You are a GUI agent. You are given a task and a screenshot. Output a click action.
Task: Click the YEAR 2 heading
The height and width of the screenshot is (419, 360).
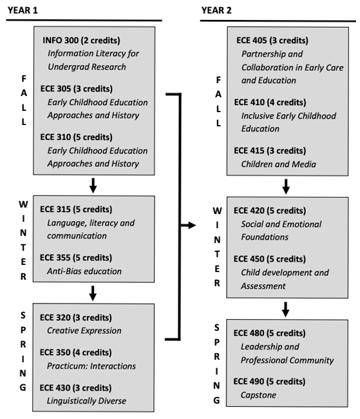tap(217, 10)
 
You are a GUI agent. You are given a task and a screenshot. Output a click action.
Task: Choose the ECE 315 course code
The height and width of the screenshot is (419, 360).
tap(57, 209)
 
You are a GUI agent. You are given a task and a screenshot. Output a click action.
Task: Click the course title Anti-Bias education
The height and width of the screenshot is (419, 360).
tap(84, 271)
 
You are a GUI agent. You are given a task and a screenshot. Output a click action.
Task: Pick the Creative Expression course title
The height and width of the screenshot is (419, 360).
tap(84, 330)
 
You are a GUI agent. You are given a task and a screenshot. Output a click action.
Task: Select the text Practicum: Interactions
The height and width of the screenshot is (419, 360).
tap(91, 366)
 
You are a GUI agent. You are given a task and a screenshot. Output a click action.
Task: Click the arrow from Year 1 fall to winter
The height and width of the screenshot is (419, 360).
tap(94, 186)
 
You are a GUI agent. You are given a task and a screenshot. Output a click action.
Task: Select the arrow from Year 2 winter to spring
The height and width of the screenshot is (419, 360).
tap(286, 309)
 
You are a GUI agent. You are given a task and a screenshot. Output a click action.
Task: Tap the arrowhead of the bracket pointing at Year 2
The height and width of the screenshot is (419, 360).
tap(191, 226)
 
